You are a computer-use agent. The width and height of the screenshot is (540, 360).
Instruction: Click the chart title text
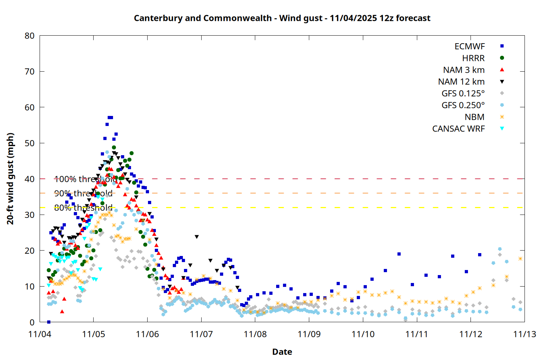click(x=282, y=18)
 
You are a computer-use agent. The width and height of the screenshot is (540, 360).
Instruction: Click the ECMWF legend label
click(x=469, y=46)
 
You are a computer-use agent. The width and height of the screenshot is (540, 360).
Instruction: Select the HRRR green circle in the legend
click(x=502, y=58)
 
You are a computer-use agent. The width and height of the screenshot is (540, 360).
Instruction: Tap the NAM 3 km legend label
click(x=464, y=70)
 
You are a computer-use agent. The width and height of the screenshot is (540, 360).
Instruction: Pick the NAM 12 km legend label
click(x=461, y=82)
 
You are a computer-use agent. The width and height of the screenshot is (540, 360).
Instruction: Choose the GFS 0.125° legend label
click(x=463, y=94)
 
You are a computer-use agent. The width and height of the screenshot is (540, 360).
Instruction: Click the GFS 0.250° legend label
click(x=463, y=105)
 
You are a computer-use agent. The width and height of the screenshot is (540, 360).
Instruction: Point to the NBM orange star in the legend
click(x=502, y=117)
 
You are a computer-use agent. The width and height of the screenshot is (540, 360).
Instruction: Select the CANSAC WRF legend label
click(x=458, y=129)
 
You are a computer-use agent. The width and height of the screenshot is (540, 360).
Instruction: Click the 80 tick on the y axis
click(x=30, y=36)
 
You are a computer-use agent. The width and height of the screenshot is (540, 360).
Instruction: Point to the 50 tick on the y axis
click(x=30, y=143)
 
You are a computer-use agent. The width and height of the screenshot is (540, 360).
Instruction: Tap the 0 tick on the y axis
click(x=32, y=322)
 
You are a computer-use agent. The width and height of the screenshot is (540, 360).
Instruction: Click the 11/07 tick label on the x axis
click(x=201, y=334)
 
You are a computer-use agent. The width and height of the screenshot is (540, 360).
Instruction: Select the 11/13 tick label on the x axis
click(x=524, y=334)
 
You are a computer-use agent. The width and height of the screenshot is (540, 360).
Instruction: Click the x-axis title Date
click(x=282, y=352)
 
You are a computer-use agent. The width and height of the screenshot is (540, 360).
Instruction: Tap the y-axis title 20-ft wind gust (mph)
click(x=10, y=179)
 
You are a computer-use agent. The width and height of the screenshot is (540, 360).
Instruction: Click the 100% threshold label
click(x=86, y=179)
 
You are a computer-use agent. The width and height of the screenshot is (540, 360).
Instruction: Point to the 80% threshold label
click(x=83, y=208)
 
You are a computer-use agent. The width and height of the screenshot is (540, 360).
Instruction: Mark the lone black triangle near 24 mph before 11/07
click(x=197, y=237)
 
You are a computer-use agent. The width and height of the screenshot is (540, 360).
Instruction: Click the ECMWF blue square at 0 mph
click(x=49, y=322)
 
